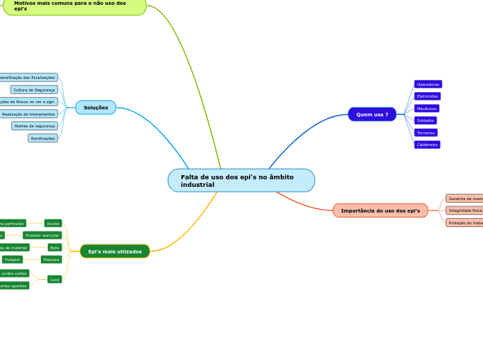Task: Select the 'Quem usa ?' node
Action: coord(372,114)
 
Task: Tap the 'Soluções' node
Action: coord(96,107)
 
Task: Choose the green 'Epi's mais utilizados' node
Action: coord(115,251)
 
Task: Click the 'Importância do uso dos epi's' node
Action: coord(380,210)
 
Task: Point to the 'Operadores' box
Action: coord(428,84)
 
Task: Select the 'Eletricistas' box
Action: coord(428,96)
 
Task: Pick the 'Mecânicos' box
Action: coord(427,109)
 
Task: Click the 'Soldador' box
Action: coord(425,120)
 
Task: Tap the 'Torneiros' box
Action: coord(426,133)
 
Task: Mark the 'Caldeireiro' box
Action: coord(428,145)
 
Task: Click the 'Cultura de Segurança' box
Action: coord(34,90)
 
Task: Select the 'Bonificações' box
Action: coord(43,138)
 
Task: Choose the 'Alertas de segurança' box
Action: coord(35,126)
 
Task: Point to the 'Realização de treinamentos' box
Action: coord(28,114)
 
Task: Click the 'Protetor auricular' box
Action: coord(42,235)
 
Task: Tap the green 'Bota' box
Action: coord(55,247)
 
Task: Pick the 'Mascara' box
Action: coord(51,260)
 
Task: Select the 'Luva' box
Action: coord(55,280)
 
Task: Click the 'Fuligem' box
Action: coord(12,260)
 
